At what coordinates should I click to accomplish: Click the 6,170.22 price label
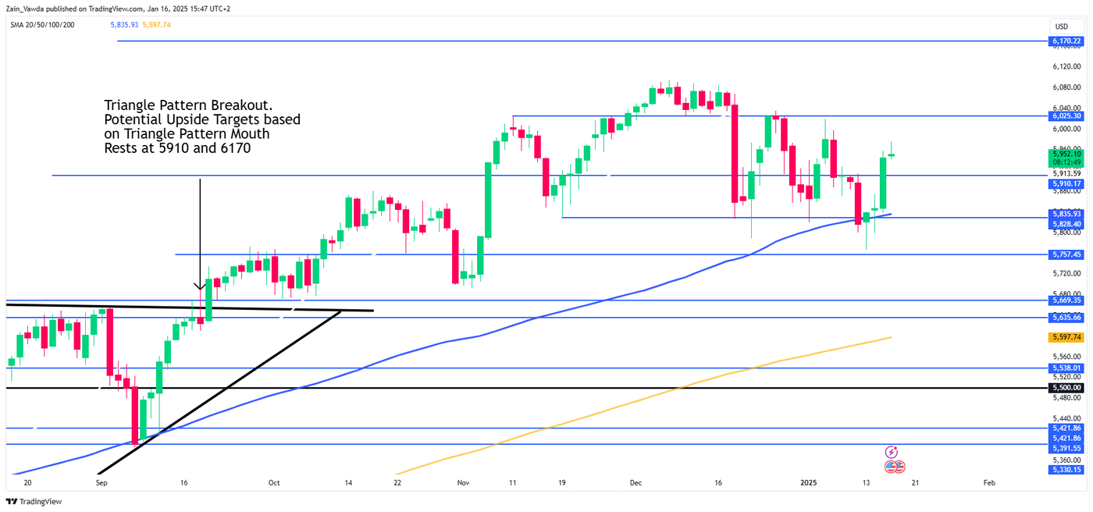click(x=1066, y=41)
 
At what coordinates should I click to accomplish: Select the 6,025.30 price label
click(x=1066, y=116)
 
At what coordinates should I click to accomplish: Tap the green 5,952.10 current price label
click(x=1066, y=154)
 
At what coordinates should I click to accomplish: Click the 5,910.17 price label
click(x=1066, y=184)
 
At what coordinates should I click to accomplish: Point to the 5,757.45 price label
click(x=1066, y=254)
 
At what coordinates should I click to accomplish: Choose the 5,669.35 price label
click(x=1066, y=300)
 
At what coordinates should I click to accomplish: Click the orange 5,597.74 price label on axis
click(x=1066, y=337)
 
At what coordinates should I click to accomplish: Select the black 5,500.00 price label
click(x=1066, y=388)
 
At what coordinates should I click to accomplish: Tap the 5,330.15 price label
click(x=1066, y=469)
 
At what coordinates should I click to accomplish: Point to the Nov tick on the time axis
click(x=463, y=483)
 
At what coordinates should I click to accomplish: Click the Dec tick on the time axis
click(x=636, y=483)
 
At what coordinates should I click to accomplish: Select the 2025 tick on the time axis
click(x=809, y=483)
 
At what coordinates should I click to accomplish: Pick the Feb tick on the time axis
click(x=988, y=483)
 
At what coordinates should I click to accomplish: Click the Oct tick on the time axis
click(x=274, y=483)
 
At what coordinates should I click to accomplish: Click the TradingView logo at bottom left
click(x=34, y=502)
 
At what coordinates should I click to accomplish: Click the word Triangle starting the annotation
click(x=126, y=105)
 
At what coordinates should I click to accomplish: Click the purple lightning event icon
click(x=892, y=452)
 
